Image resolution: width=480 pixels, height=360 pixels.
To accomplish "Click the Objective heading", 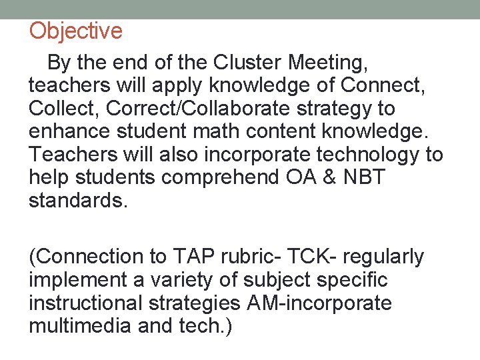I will pos(76,31).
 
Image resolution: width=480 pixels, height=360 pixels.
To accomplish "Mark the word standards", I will pos(77,200).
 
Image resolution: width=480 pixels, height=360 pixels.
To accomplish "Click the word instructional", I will pos(87,303).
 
